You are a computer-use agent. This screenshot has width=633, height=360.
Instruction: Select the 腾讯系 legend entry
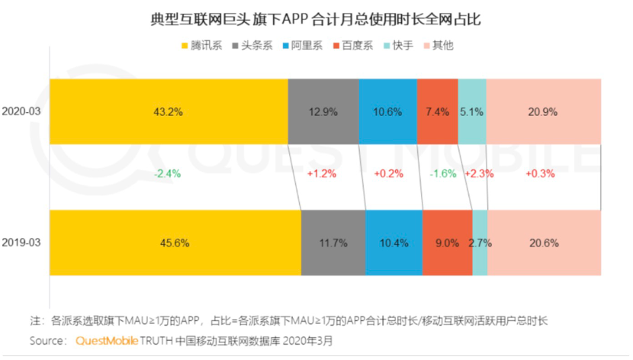201,46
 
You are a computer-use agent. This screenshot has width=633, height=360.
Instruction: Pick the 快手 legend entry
400,46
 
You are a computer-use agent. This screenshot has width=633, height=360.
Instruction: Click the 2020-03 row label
21,111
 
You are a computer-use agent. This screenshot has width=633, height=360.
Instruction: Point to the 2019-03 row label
21,243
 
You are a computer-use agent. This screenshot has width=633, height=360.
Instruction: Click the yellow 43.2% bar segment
167,111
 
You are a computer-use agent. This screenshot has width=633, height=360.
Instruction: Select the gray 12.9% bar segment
323,111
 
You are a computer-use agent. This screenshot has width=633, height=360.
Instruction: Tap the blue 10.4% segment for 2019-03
393,243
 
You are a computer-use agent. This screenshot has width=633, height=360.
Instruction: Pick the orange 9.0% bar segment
447,243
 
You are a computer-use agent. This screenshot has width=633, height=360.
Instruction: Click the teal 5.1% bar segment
471,111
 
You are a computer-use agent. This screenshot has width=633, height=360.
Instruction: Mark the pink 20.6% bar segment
544,243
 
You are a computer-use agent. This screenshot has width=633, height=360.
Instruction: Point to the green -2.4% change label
167,173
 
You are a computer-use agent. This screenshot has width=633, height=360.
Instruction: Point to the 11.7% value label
333,243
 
